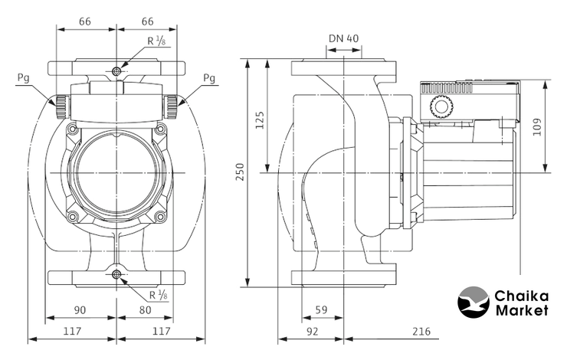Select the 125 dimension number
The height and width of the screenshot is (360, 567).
(260, 119)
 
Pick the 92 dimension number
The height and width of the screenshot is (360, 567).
(312, 332)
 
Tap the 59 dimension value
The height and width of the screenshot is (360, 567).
(322, 310)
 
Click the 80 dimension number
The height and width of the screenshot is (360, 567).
(146, 310)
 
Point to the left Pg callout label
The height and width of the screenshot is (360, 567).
(24, 78)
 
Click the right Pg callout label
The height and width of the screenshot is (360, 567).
(209, 78)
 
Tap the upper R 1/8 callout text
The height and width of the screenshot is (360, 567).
(156, 43)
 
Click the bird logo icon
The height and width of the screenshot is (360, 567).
(473, 302)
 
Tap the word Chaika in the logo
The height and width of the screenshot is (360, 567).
(521, 295)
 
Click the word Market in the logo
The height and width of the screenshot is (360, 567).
(522, 310)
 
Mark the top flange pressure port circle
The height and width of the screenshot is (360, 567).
(116, 71)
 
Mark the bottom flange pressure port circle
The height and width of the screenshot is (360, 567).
(116, 274)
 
